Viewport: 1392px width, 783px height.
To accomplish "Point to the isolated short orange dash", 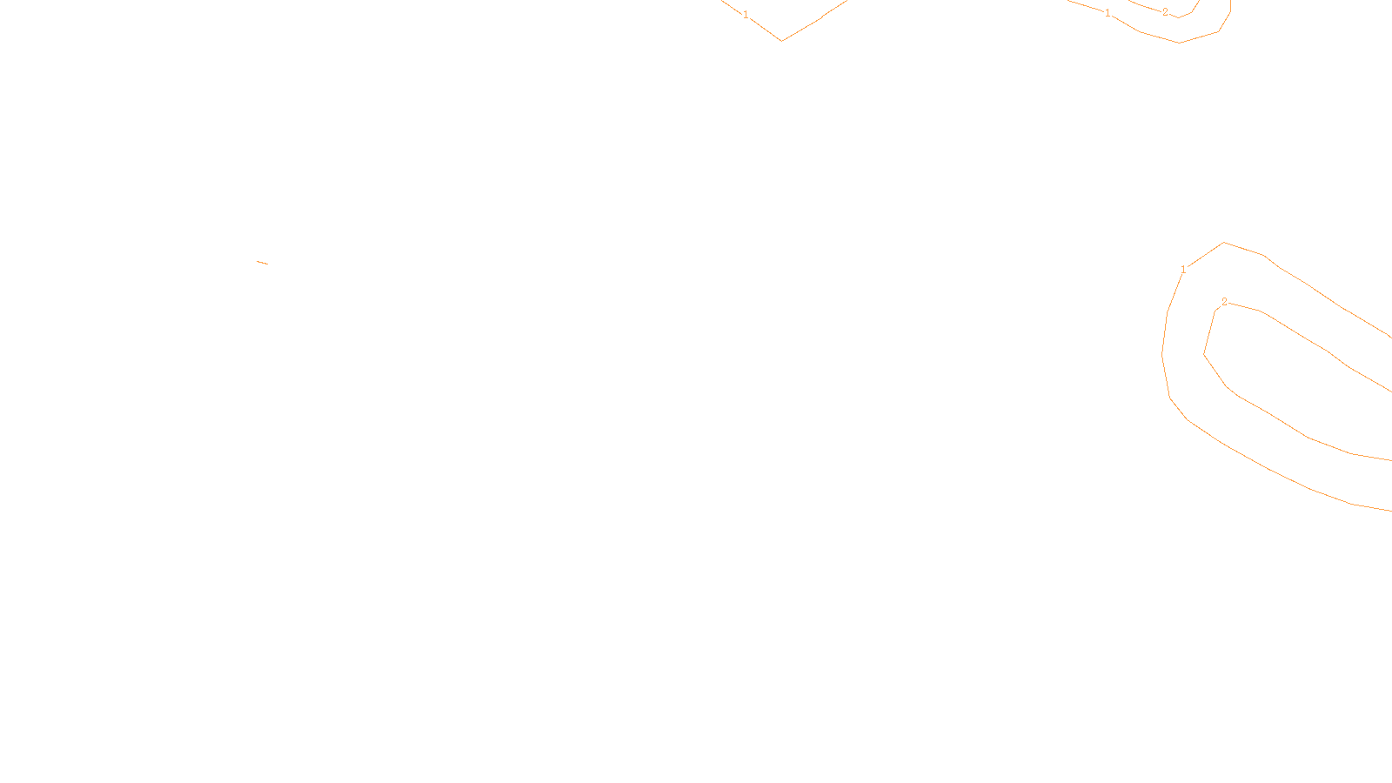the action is [263, 262].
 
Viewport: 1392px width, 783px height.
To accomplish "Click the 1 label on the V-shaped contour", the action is [746, 15].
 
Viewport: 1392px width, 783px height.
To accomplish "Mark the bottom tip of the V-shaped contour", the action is [782, 40].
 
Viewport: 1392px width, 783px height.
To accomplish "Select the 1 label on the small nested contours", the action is [1108, 13].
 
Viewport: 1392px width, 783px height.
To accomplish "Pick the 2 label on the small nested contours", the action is [1165, 12].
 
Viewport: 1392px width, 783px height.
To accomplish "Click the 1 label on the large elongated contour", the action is [1183, 270].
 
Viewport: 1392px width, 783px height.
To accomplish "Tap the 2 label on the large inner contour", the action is [1224, 302].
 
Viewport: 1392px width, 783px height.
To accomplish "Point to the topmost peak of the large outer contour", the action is [1224, 243].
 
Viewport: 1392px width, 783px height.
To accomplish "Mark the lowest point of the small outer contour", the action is [1179, 42].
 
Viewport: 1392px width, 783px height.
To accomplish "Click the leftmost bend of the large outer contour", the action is [1163, 354].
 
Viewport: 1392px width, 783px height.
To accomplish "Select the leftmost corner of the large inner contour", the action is [1204, 354].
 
